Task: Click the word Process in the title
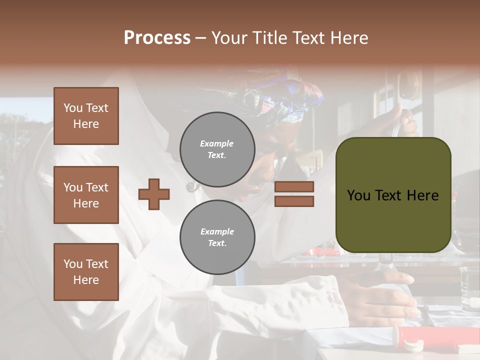coord(157,38)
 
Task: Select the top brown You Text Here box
coord(86,116)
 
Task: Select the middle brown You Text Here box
coord(86,195)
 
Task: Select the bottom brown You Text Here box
coord(86,271)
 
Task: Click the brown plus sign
coord(154,194)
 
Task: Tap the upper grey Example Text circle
coord(217,149)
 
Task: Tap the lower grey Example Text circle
coord(217,237)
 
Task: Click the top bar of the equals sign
coord(294,186)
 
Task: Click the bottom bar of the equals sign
coord(294,201)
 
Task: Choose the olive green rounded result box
coord(393,194)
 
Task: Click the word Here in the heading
coord(349,38)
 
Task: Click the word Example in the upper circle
coord(217,143)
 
